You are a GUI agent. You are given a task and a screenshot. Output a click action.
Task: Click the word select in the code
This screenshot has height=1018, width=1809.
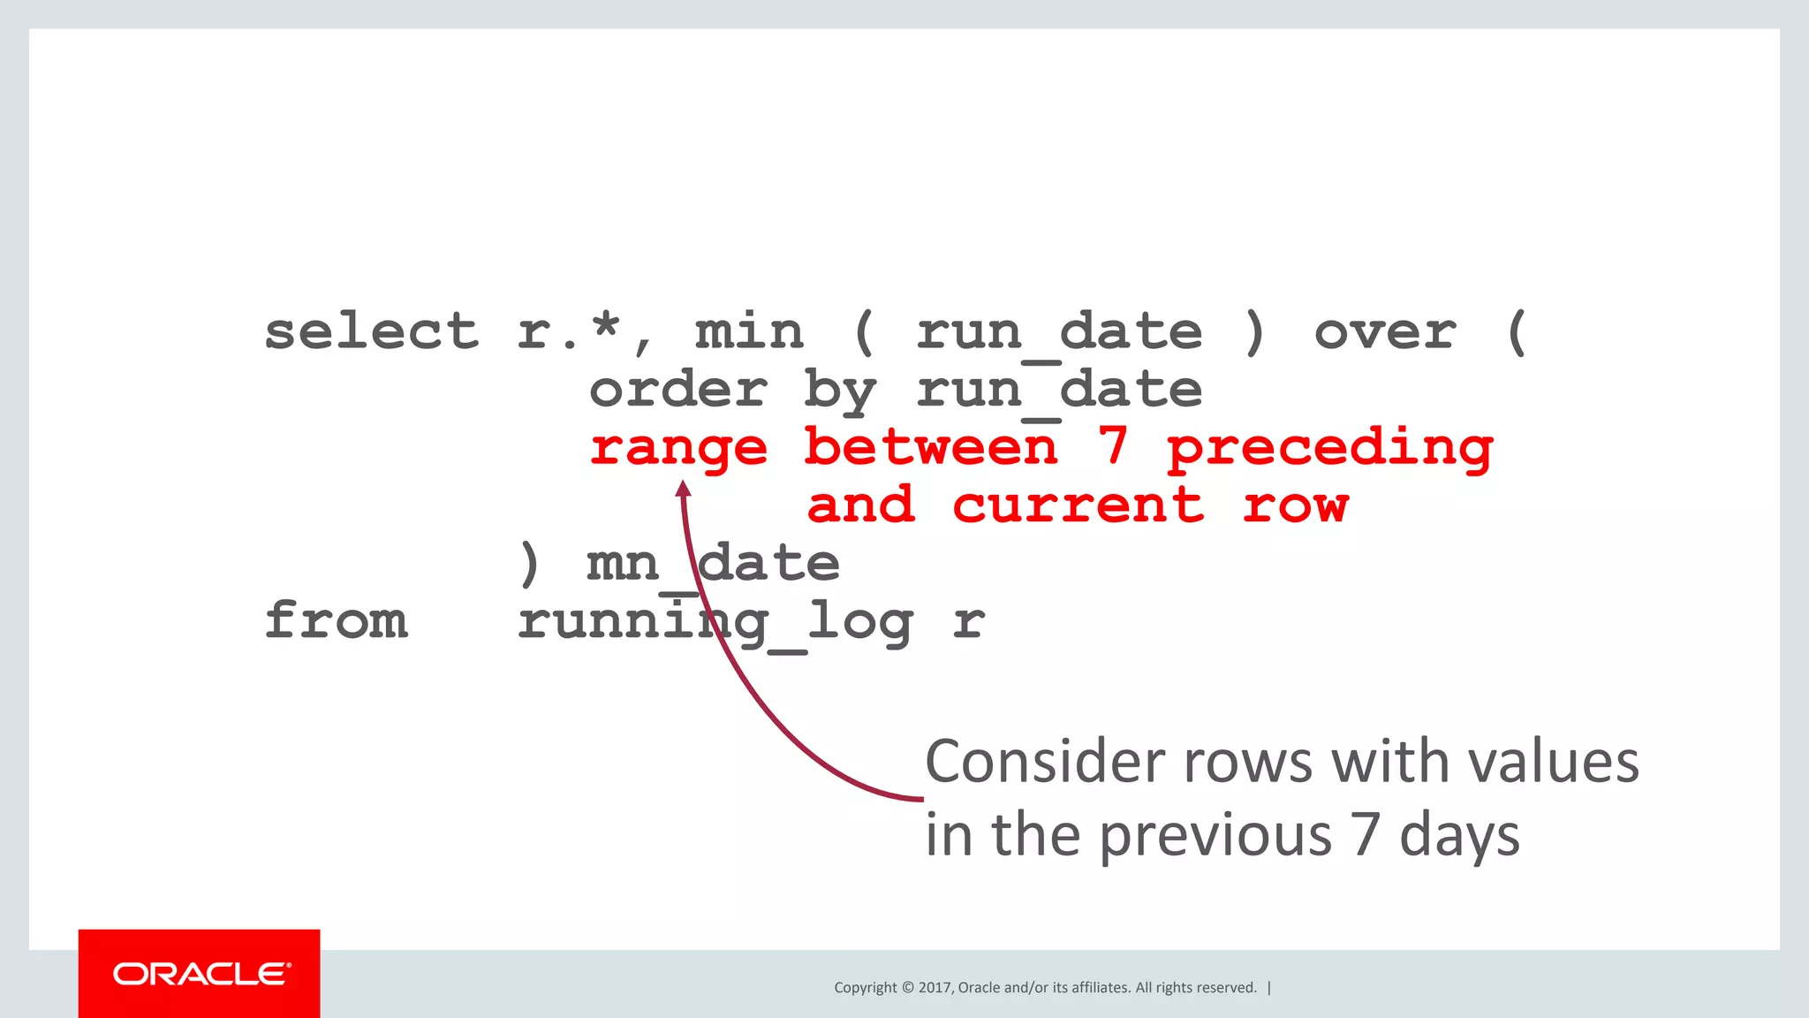[x=371, y=332]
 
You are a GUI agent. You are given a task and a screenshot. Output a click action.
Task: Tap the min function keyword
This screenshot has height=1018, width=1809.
[x=749, y=332]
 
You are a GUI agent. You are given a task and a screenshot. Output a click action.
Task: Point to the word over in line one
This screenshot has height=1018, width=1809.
[x=1385, y=332]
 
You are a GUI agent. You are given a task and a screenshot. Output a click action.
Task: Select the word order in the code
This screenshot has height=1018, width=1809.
[x=678, y=391]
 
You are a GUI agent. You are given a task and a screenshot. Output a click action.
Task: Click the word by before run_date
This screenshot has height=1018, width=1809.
[x=839, y=391]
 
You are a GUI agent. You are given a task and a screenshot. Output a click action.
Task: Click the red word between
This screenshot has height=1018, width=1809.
[x=931, y=447]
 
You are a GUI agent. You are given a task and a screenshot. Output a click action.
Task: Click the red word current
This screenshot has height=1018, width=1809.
[x=1078, y=505]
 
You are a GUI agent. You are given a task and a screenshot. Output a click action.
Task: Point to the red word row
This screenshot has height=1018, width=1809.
[x=1295, y=505]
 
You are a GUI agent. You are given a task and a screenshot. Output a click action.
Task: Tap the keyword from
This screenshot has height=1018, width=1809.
[x=337, y=620]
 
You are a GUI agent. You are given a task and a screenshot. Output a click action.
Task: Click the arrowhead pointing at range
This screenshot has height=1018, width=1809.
[x=683, y=489]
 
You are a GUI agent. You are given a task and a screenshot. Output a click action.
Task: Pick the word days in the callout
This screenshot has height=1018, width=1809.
[x=1459, y=836]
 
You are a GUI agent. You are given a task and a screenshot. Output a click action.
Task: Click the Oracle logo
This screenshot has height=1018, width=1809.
[x=200, y=974]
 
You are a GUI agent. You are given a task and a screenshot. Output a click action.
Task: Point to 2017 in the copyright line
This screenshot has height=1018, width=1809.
[x=935, y=988]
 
